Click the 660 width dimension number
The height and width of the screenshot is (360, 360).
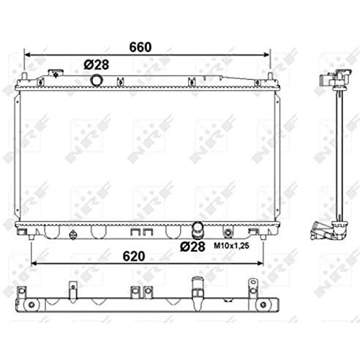pos(140,46)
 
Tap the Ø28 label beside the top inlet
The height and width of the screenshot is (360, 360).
pos(96,64)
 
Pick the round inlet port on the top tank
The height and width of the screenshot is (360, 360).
pos(96,79)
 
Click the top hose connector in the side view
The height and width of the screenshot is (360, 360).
pos(330,80)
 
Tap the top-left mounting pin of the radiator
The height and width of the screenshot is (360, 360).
pos(25,78)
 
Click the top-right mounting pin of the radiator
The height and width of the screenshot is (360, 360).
pos(270,78)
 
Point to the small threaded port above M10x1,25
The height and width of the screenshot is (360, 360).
pos(228,233)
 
